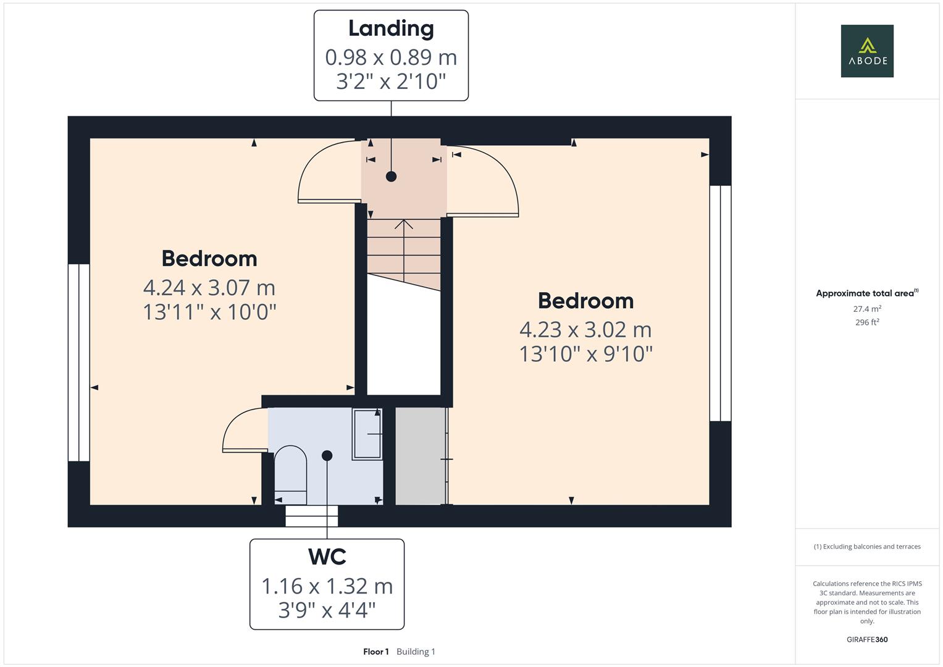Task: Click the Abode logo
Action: (x=867, y=51)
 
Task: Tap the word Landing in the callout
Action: (x=391, y=28)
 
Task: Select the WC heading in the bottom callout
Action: (x=327, y=557)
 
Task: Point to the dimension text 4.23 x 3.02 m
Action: (x=585, y=330)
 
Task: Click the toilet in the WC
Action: (x=290, y=474)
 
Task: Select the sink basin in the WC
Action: (x=367, y=434)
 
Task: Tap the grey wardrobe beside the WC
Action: (x=420, y=456)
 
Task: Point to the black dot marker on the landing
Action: (x=391, y=177)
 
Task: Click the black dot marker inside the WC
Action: (x=327, y=456)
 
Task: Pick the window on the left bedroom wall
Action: (x=79, y=363)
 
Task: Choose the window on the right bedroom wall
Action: (x=720, y=303)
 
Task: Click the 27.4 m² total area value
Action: (x=867, y=309)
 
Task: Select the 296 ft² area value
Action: (x=867, y=322)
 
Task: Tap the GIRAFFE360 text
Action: (x=867, y=640)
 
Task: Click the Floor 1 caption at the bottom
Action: (x=376, y=652)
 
